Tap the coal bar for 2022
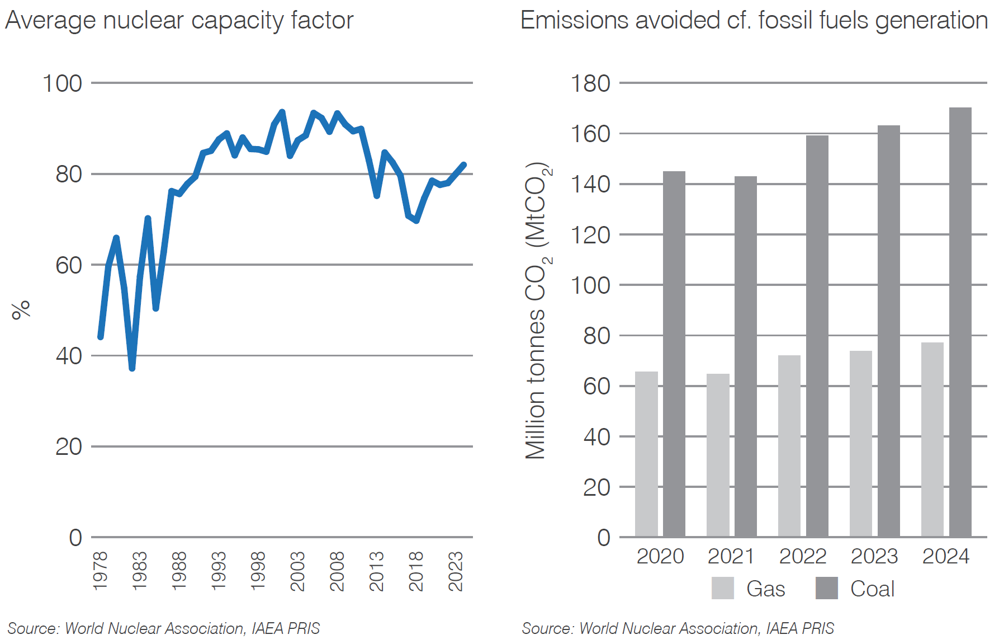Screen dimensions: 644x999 817,336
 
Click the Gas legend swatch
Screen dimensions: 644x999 722,588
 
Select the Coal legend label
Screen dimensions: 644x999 872,589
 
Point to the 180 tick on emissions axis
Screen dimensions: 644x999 590,83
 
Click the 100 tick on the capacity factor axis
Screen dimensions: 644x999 62,83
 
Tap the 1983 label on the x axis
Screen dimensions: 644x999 139,570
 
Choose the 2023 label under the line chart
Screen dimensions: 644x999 456,570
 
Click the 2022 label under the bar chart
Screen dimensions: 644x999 802,556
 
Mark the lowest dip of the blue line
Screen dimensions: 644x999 132,368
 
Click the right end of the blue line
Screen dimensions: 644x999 463,164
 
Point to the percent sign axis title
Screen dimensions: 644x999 21,309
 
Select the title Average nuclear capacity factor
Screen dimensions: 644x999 179,21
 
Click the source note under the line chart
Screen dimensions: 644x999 163,628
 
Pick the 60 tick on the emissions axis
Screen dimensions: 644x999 596,386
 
